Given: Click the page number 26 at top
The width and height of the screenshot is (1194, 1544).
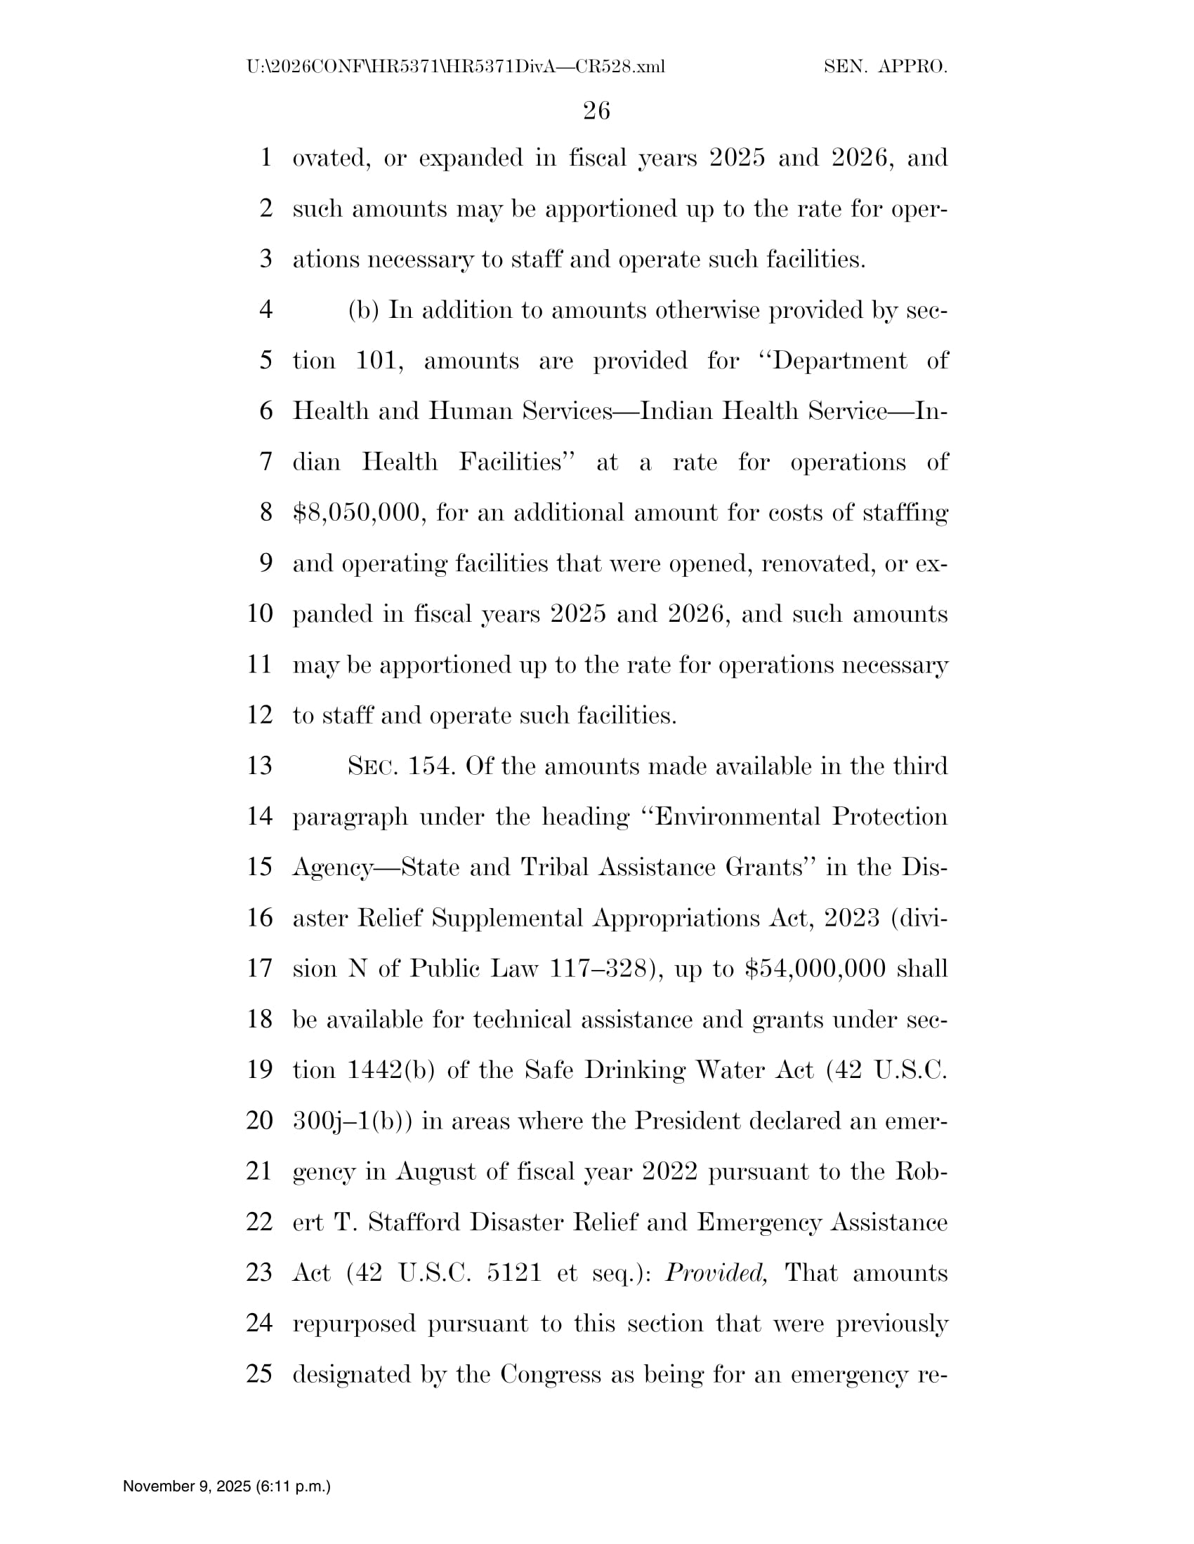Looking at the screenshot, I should click(x=596, y=111).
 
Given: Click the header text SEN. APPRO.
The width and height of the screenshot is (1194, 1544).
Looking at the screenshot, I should click(x=886, y=67).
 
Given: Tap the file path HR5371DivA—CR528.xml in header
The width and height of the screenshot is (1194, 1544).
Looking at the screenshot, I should click(x=456, y=67).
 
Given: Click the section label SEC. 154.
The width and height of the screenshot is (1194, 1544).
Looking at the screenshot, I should click(x=400, y=766).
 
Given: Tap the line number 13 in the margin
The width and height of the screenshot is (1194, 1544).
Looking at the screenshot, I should click(x=261, y=766).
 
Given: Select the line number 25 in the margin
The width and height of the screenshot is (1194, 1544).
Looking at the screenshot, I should click(x=260, y=1373).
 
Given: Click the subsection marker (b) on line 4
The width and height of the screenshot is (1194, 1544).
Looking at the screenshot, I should click(x=364, y=310).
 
